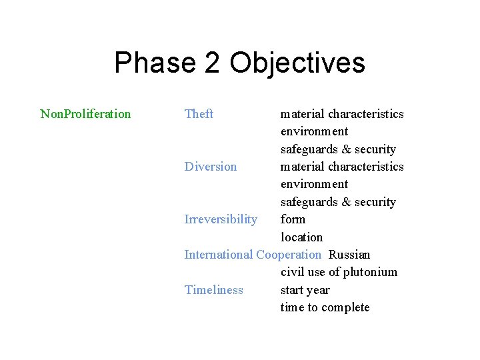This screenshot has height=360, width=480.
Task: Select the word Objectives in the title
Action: pos(297,63)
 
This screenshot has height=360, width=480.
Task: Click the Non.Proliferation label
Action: pos(85,114)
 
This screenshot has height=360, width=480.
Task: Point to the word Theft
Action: pos(199,114)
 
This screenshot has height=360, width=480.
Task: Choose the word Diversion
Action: pos(210,167)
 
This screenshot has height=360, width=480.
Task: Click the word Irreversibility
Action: pos(221,219)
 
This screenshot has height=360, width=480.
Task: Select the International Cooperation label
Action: pos(252,255)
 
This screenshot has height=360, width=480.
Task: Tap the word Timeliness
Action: pos(213,290)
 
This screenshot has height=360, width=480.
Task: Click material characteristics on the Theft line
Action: pos(342,114)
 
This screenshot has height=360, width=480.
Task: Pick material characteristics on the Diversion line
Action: pos(342,167)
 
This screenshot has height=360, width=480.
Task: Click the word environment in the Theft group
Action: pos(314,131)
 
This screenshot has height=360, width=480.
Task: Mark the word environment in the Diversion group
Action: pos(314,184)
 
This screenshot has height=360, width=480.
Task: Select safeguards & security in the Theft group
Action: pos(338,149)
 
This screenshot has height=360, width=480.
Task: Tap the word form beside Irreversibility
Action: pos(293,219)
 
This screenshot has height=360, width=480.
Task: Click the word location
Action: pos(301,237)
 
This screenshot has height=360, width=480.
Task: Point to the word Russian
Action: pos(349,255)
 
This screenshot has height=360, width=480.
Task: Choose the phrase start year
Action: pos(305,290)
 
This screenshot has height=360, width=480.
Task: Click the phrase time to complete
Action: pos(325,307)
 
